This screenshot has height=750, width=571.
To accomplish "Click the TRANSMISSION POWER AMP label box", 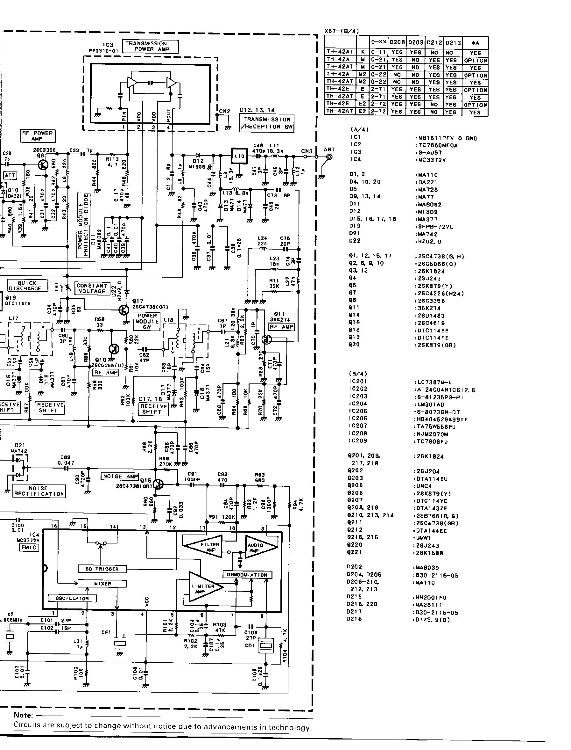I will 150,46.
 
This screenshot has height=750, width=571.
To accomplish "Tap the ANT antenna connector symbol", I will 329,157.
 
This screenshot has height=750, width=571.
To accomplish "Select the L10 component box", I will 239,156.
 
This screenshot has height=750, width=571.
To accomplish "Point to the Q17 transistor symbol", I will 124,310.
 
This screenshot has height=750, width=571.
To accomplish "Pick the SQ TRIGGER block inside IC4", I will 102,569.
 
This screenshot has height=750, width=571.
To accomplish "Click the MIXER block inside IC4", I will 102,584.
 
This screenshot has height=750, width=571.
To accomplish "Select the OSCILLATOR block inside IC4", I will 72,598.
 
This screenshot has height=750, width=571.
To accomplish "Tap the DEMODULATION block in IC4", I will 247,575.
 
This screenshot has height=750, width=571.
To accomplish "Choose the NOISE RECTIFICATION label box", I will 39,491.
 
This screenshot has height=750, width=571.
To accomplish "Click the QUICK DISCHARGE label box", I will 25,286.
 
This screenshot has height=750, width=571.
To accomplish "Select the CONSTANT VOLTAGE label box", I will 92,288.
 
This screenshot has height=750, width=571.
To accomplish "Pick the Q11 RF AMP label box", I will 281,327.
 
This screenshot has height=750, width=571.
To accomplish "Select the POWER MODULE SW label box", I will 147,321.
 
